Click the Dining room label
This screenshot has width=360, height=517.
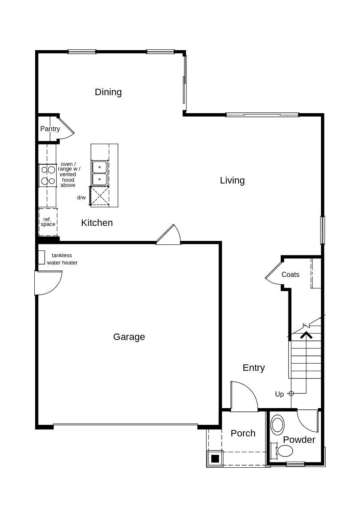108,92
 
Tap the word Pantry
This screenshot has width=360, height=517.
50,129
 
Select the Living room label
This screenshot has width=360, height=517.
232,180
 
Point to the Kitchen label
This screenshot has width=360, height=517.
97,223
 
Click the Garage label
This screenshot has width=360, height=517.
129,337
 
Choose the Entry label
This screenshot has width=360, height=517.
254,368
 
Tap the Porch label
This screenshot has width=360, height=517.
243,433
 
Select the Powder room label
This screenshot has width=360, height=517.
299,440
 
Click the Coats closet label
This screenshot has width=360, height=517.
291,275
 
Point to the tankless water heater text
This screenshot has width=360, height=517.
62,259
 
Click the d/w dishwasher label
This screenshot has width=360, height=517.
81,198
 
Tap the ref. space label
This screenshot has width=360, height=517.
48,222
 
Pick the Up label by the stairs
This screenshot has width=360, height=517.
279,394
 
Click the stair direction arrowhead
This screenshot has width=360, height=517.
306,335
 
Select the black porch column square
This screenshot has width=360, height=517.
215,459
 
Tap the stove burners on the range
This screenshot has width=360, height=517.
48,175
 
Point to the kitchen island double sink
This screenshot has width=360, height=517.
99,172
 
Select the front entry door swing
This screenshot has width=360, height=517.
244,395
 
